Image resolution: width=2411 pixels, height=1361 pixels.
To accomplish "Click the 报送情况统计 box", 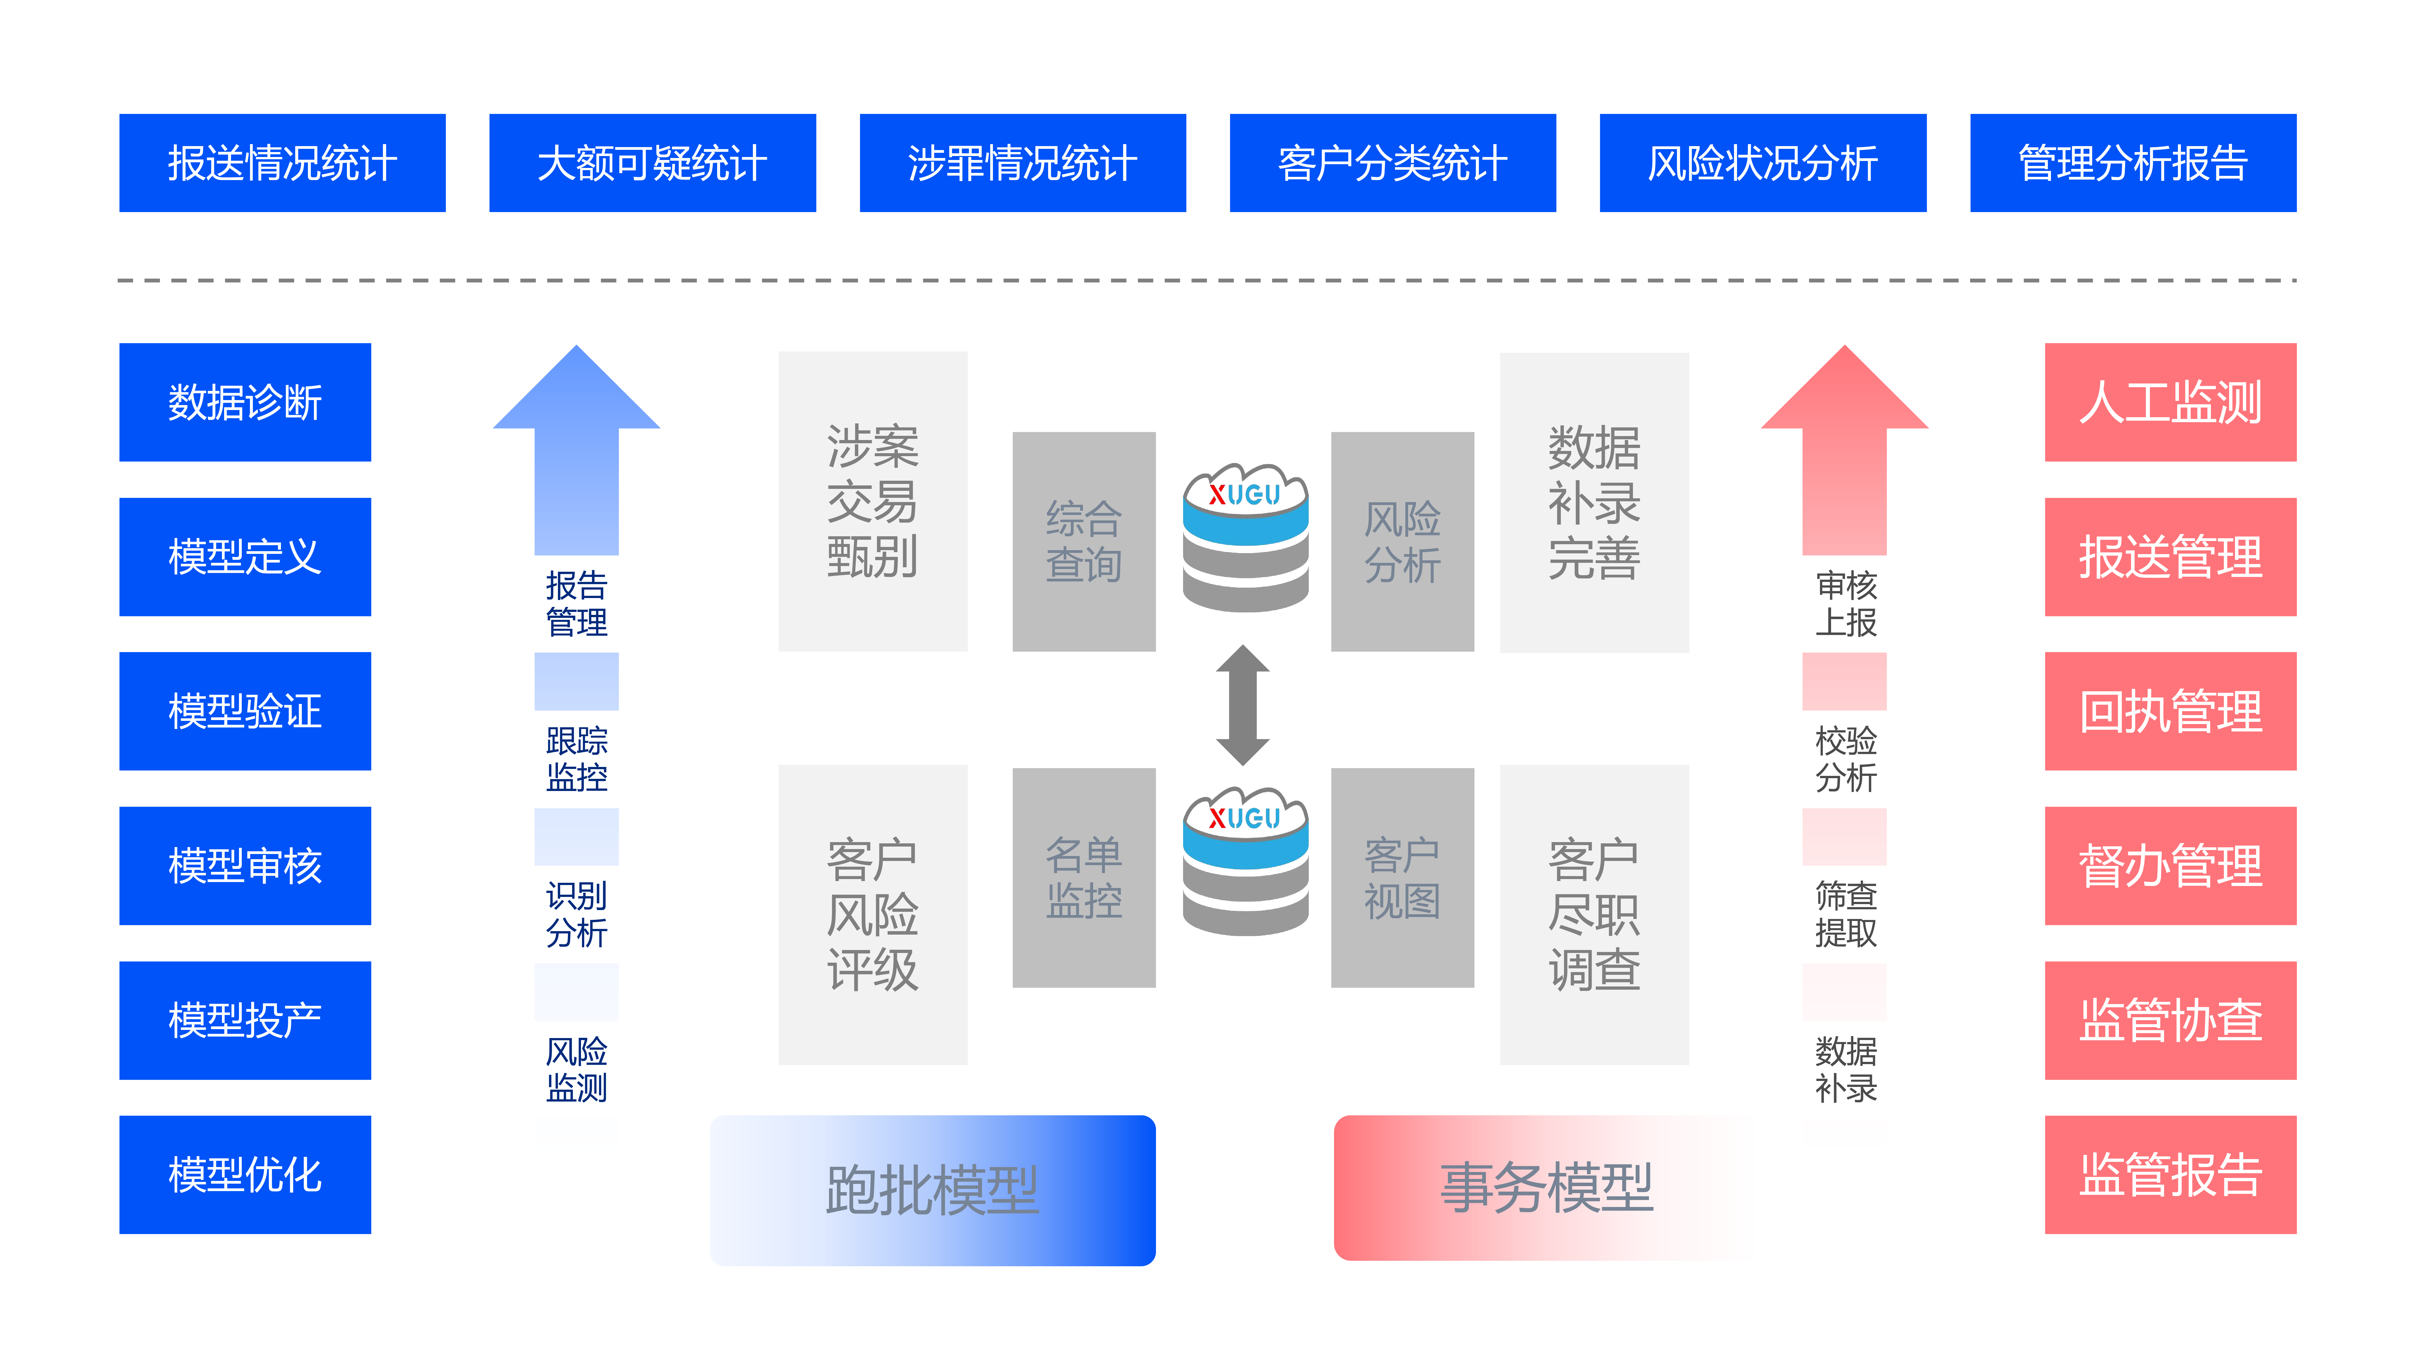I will tap(282, 163).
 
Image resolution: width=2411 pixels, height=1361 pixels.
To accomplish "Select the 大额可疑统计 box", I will tap(652, 163).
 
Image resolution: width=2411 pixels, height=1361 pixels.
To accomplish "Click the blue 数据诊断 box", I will tap(245, 403).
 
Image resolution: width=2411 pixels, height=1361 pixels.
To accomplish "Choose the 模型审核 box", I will tap(245, 866).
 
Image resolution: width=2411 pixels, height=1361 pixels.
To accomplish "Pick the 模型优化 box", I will tap(245, 1175).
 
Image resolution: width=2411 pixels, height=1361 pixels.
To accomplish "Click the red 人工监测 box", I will tap(2169, 403).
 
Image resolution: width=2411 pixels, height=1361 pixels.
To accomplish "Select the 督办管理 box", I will tap(2169, 866).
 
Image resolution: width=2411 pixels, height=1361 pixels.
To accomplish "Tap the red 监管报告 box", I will tap(2169, 1175).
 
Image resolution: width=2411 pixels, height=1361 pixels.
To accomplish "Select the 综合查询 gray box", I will tap(1084, 541).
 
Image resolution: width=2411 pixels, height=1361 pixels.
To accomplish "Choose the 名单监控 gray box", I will tap(1084, 877).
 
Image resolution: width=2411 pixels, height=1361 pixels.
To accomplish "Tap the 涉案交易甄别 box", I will tap(872, 501).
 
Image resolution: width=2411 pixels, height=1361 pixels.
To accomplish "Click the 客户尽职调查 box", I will tap(1594, 915).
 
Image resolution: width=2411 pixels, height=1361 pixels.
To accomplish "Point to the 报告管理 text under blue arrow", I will tap(577, 604).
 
